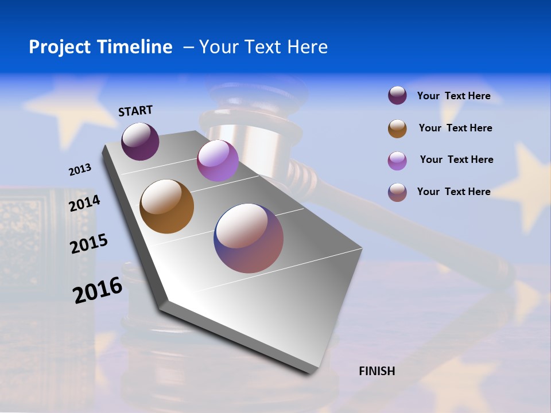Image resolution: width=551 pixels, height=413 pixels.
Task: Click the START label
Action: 135,111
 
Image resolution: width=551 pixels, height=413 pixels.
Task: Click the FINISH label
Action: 377,371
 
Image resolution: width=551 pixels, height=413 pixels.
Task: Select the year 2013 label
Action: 80,170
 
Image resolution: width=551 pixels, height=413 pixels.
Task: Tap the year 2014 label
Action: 84,204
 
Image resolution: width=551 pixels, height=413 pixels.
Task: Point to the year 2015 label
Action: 89,244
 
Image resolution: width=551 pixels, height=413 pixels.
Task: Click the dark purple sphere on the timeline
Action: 140,141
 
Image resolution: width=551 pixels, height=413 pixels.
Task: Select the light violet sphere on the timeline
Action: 218,161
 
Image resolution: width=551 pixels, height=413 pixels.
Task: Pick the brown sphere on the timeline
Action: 166,206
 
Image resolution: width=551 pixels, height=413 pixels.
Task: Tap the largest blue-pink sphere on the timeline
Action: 249,238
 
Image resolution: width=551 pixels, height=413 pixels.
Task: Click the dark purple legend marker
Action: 397,95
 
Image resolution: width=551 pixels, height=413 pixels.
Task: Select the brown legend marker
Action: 397,128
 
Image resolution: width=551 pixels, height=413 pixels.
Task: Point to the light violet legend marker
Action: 397,161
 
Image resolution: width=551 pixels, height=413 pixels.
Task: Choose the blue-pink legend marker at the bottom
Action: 397,192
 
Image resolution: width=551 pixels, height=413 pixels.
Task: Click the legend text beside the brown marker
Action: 455,128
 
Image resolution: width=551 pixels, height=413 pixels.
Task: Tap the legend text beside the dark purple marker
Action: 453,96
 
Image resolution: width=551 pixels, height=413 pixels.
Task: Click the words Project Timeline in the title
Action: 100,47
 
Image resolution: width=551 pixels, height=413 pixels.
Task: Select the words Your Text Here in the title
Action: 263,47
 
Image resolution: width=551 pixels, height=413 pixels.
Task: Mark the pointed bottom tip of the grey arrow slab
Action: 310,370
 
